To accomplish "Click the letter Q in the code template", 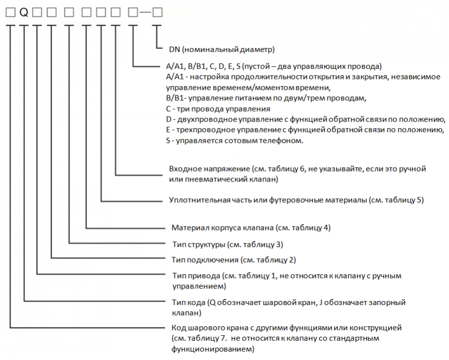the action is coord(24,12).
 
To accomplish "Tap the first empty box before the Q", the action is coord(10,12).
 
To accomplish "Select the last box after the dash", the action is coord(157,12).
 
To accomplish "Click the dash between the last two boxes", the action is coord(145,12).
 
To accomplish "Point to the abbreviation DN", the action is coord(174,50).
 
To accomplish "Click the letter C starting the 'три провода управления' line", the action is coord(168,109).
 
